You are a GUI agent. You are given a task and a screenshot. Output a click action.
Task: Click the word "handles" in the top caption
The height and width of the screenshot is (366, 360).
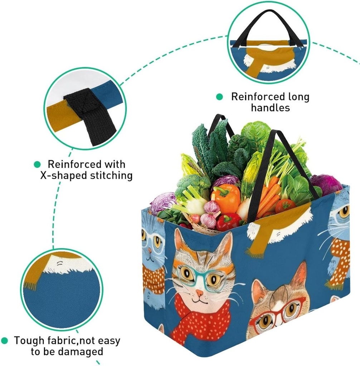click(270, 108)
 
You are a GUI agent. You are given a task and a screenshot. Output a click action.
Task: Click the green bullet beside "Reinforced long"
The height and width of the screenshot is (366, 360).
click(219, 97)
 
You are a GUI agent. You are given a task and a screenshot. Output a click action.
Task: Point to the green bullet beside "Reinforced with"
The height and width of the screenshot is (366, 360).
click(37, 164)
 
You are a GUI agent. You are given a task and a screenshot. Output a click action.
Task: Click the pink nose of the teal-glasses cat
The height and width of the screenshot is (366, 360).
click(199, 293)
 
